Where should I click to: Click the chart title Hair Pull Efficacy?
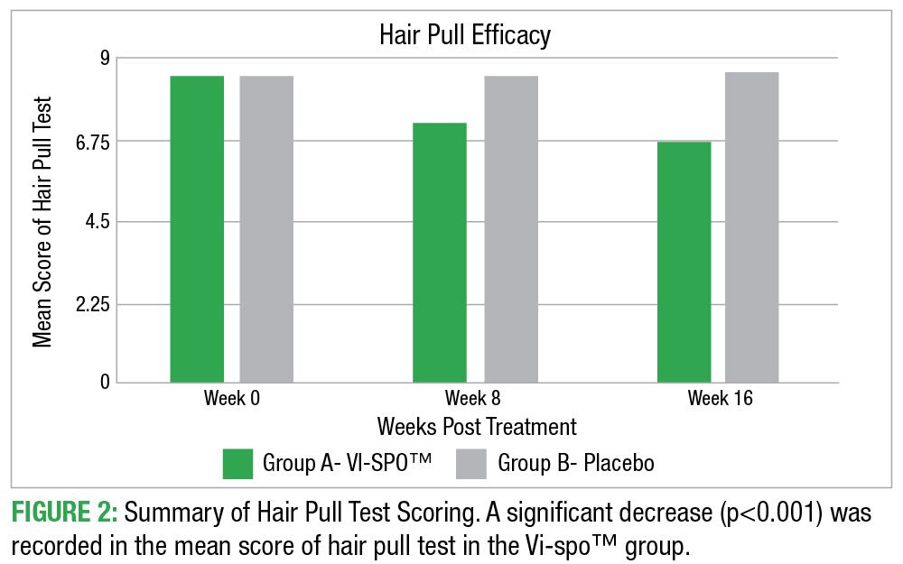[464, 35]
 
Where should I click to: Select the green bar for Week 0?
[197, 229]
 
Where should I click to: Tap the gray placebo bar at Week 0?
[266, 229]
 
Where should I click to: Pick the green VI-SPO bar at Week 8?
[440, 253]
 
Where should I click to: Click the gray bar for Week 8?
[511, 229]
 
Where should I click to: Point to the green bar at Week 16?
[684, 262]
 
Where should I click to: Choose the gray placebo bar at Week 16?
[751, 227]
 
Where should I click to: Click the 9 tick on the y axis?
[103, 59]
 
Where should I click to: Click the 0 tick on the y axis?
[103, 383]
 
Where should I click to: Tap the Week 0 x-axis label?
[232, 398]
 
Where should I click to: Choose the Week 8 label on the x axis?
[475, 398]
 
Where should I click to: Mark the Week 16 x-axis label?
[720, 398]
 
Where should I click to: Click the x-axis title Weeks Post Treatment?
[477, 426]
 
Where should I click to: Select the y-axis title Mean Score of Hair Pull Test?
[42, 221]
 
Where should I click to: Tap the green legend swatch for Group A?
[237, 464]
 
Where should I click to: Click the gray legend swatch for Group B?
[471, 464]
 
